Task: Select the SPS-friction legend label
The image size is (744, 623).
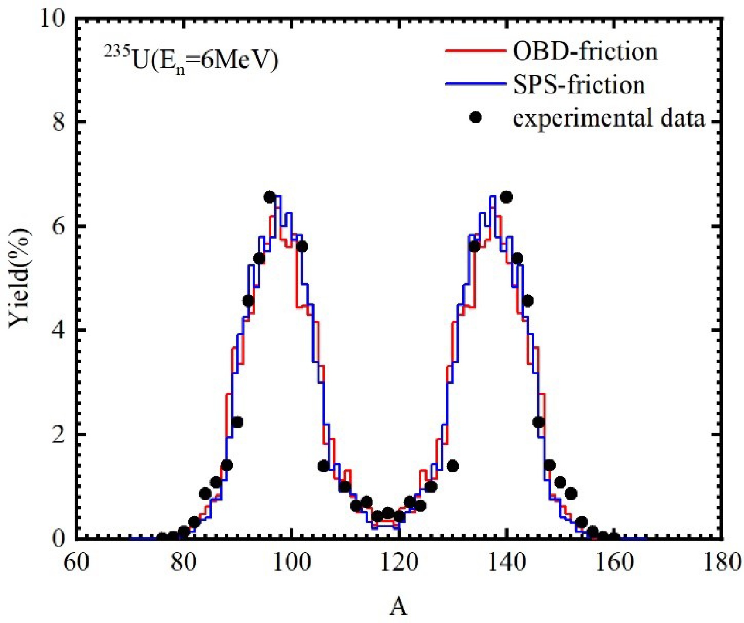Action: tap(579, 85)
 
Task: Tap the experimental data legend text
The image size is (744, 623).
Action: tap(608, 118)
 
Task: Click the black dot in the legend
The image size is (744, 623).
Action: tap(475, 118)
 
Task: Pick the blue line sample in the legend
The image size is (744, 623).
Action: tap(475, 84)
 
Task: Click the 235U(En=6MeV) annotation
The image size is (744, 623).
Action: tap(191, 60)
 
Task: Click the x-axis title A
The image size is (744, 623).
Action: tap(398, 607)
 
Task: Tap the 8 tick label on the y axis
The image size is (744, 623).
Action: tap(58, 122)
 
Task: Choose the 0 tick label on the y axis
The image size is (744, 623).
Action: tap(58, 538)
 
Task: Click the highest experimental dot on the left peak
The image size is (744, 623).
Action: tap(270, 197)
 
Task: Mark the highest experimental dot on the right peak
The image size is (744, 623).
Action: tap(507, 197)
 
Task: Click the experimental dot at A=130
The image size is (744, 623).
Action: tap(453, 466)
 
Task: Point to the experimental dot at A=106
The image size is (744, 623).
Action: tap(324, 466)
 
